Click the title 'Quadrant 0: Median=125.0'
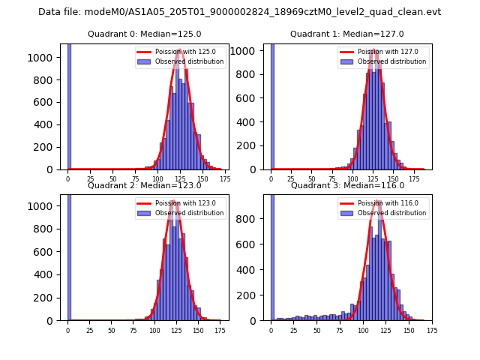pyautogui.click(x=144, y=34)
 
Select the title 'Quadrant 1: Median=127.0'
pyautogui.click(x=347, y=34)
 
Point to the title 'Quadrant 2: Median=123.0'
pyautogui.click(x=144, y=185)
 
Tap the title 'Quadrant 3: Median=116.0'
pyautogui.click(x=347, y=185)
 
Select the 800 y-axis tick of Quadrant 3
pyautogui.click(x=253, y=219)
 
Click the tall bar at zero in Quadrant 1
pyautogui.click(x=271, y=105)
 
